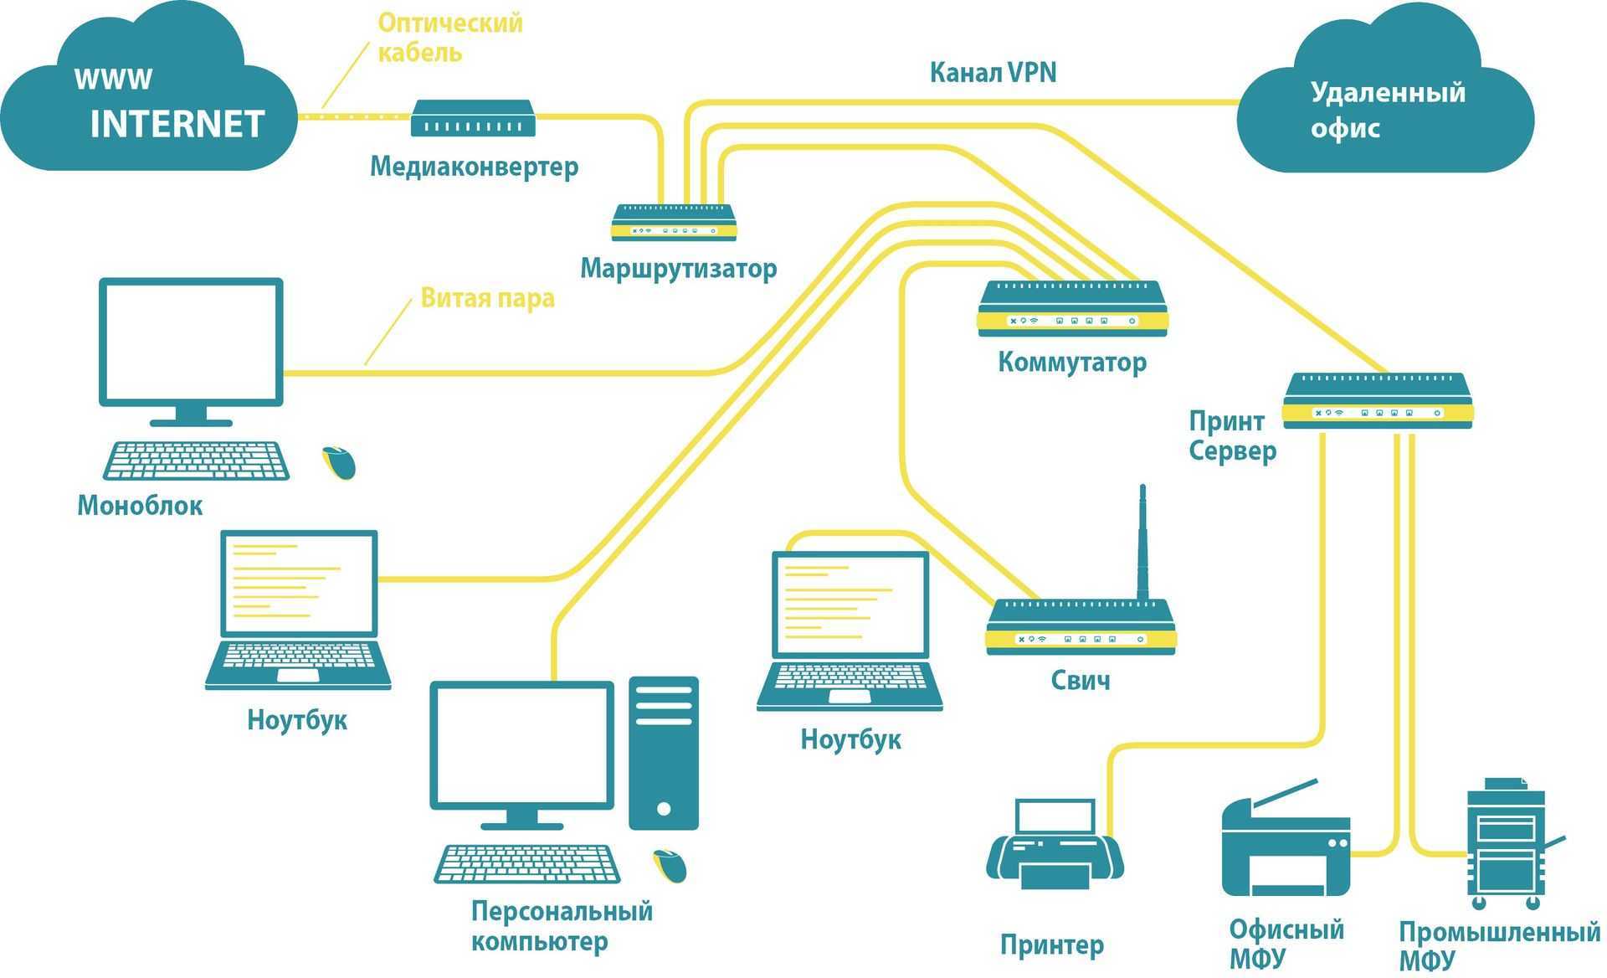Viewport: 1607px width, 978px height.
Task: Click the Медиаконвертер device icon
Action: click(x=472, y=119)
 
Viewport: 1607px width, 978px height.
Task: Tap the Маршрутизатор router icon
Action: click(x=674, y=223)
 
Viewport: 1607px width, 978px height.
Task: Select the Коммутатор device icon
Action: click(x=1072, y=309)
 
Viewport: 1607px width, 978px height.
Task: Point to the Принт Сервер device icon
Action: click(x=1377, y=401)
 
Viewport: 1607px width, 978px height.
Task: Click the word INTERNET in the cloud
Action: click(x=177, y=124)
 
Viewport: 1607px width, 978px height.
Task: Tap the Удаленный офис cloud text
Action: click(x=1387, y=110)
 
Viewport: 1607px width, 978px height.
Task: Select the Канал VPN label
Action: click(x=993, y=72)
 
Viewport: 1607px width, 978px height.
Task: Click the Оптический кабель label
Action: click(x=449, y=37)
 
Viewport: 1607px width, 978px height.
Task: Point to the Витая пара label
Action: click(x=487, y=298)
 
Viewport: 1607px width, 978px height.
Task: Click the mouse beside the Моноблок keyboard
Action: click(x=339, y=462)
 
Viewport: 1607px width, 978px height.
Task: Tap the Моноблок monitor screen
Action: click(x=191, y=342)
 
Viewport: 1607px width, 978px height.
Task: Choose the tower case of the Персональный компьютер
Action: click(x=664, y=753)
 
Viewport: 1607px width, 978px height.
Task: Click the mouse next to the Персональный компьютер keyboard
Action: click(x=670, y=865)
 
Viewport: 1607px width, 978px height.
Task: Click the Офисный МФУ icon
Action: click(x=1286, y=847)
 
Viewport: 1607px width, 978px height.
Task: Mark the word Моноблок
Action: click(x=140, y=506)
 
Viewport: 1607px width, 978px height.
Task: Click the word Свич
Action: click(x=1081, y=680)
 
